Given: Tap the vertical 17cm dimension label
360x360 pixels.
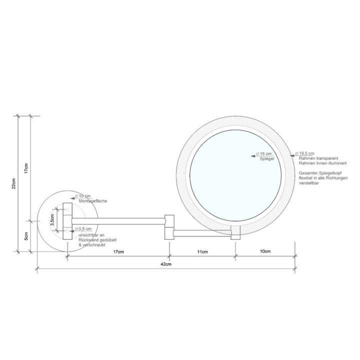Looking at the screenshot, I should (27, 168).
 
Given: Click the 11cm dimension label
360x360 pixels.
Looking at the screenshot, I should (202, 251).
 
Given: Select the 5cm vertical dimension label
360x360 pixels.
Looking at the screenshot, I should (27, 236).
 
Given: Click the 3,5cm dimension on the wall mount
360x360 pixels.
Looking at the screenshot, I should (53, 220).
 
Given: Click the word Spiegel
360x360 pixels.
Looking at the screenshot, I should (266, 158).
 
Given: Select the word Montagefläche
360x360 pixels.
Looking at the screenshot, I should (93, 201).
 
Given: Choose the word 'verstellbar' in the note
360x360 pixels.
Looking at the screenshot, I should (310, 183).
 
